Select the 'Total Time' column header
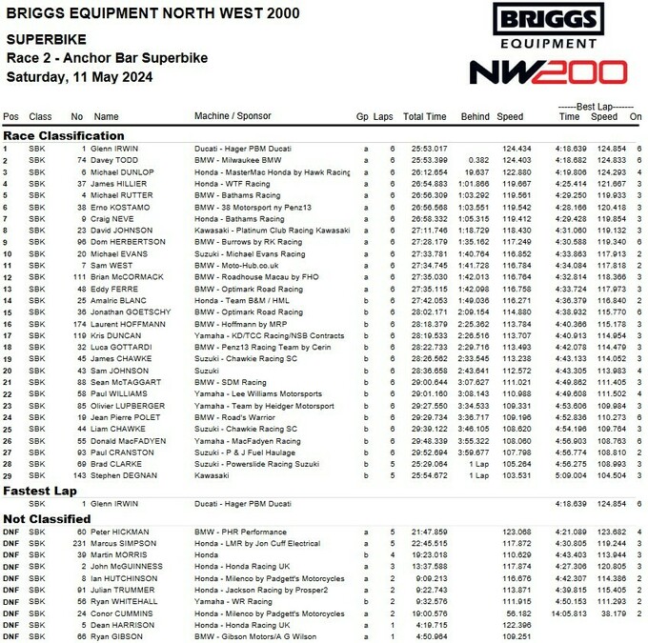[424, 116]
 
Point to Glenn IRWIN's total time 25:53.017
[429, 149]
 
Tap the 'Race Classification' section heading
[64, 135]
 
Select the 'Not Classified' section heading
[44, 518]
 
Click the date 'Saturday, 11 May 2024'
[75, 76]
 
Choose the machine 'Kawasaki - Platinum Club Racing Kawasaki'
[272, 230]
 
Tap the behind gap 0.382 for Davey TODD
[478, 160]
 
